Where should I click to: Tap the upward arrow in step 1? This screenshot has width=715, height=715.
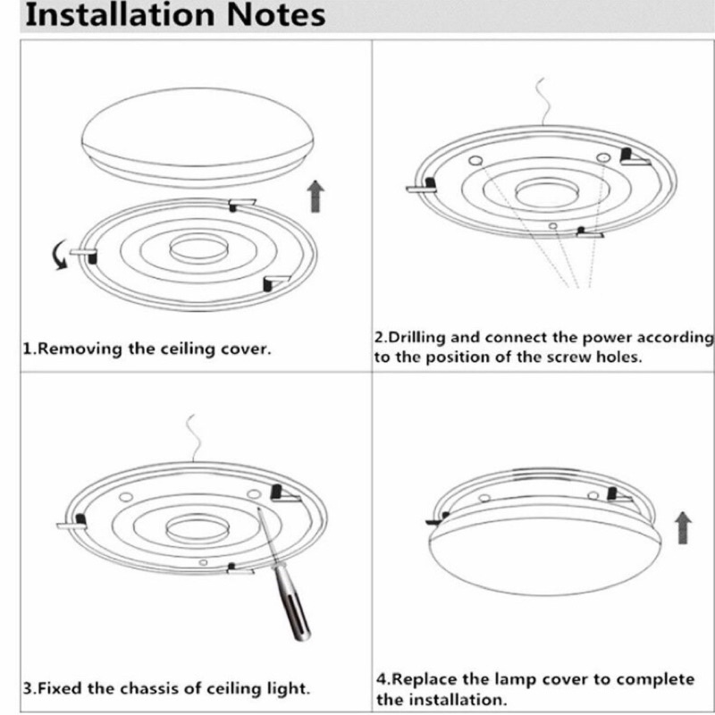[x=315, y=195]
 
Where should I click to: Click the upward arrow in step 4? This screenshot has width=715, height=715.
[x=684, y=529]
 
